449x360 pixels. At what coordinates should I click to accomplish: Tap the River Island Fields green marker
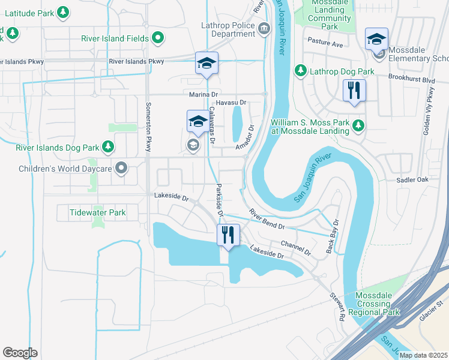tap(158, 39)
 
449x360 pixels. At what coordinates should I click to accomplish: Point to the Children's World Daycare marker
tap(122, 169)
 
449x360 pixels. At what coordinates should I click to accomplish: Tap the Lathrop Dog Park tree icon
tap(300, 71)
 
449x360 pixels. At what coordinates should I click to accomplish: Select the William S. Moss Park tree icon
tap(358, 125)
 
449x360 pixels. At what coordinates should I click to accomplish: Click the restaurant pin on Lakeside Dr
tap(228, 235)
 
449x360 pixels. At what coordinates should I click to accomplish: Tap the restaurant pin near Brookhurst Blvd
tap(354, 91)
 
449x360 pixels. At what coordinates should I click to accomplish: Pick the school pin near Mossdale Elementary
tap(376, 39)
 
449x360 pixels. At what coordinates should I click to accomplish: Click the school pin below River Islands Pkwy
tap(206, 63)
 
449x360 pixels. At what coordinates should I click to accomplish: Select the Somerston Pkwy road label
tap(148, 127)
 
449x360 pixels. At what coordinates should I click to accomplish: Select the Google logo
tap(20, 353)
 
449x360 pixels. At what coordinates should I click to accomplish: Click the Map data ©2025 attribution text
tap(423, 355)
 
